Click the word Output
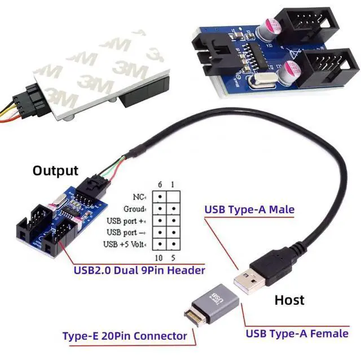click(x=55, y=170)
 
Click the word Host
click(x=289, y=300)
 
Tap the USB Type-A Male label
click(x=249, y=210)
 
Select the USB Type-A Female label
click(x=297, y=333)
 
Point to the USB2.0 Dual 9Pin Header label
click(x=139, y=270)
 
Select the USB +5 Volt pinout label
click(x=125, y=244)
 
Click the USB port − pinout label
click(x=126, y=232)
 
